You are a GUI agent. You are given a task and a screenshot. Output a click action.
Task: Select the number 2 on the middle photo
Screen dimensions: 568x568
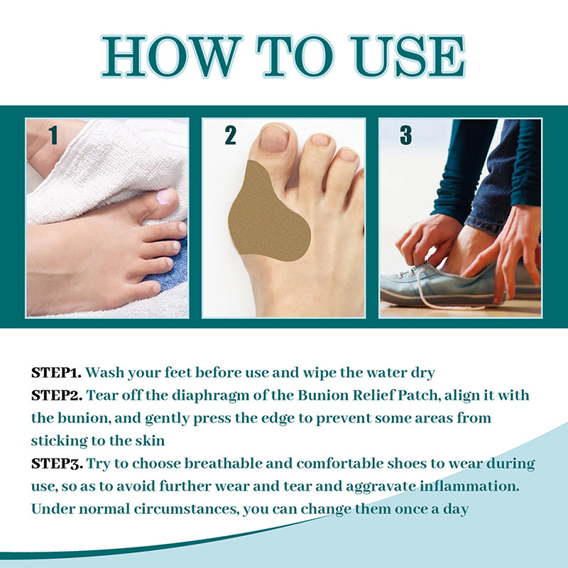point(230,136)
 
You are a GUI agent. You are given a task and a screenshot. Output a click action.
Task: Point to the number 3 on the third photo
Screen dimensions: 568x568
point(405,136)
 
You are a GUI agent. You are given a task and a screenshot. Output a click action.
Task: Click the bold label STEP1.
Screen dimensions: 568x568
point(57,372)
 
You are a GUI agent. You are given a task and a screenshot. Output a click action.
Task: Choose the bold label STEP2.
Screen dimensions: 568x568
point(57,395)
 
